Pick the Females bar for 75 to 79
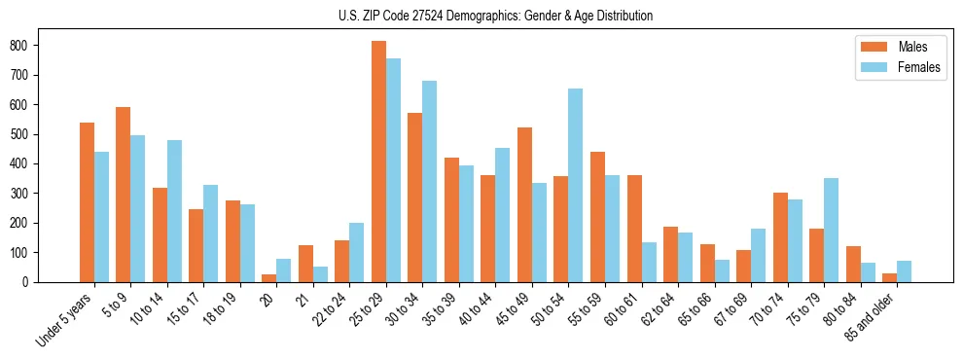pyautogui.click(x=831, y=230)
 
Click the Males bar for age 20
pyautogui.click(x=269, y=277)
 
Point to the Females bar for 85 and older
pyautogui.click(x=904, y=271)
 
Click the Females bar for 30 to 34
pyautogui.click(x=430, y=181)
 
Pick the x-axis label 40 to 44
pyautogui.click(x=474, y=309)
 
